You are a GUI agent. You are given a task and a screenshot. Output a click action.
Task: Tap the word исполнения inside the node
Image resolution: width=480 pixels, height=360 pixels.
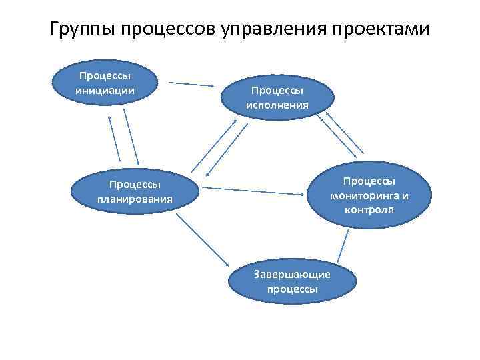point(277,105)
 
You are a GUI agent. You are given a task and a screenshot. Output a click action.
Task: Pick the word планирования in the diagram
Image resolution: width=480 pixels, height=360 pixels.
point(135,199)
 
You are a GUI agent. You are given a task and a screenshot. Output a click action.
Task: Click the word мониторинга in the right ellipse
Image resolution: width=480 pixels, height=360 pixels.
point(369,196)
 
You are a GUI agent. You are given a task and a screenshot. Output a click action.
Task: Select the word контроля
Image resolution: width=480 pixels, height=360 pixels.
point(369,209)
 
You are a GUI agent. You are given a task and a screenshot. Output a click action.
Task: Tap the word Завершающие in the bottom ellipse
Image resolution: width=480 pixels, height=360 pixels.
point(292,275)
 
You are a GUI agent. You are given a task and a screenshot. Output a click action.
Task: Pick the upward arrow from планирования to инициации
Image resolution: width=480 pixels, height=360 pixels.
point(113,137)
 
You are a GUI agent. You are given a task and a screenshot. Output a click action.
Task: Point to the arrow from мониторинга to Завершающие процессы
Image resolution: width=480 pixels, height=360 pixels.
point(343,245)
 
